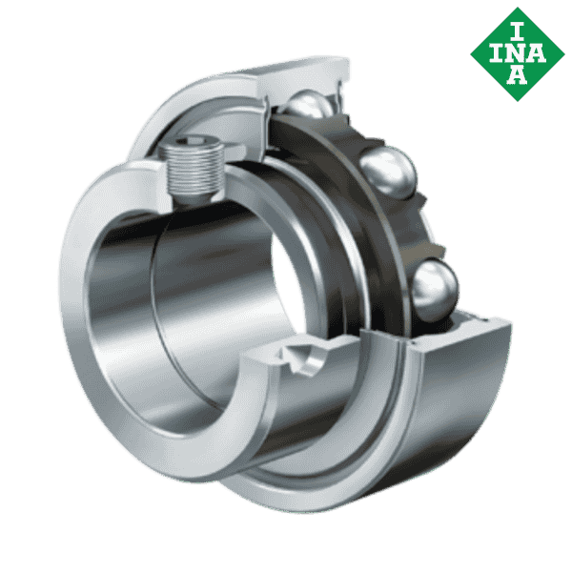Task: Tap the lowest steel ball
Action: point(434,288)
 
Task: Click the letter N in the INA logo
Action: point(515,52)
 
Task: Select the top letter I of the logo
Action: point(515,29)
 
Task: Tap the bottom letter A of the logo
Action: point(515,76)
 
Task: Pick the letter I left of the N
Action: point(494,52)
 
